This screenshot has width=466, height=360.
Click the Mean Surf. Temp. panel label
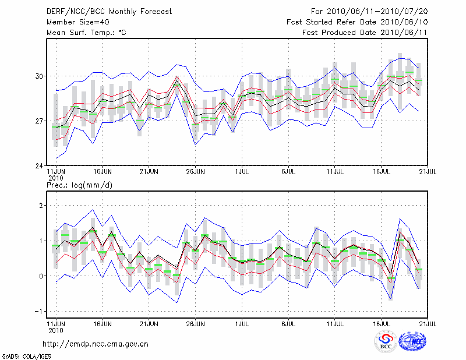(x=86, y=33)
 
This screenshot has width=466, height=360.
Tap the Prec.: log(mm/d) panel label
(x=80, y=185)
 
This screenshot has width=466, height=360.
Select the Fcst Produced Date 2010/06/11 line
(x=365, y=33)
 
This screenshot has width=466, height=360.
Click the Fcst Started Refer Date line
(x=358, y=22)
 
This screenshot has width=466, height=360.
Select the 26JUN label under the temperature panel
(x=196, y=172)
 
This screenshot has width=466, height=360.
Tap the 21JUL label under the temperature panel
(x=429, y=172)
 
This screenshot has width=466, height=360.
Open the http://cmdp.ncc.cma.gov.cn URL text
(x=96, y=344)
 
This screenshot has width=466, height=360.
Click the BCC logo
(x=386, y=341)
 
